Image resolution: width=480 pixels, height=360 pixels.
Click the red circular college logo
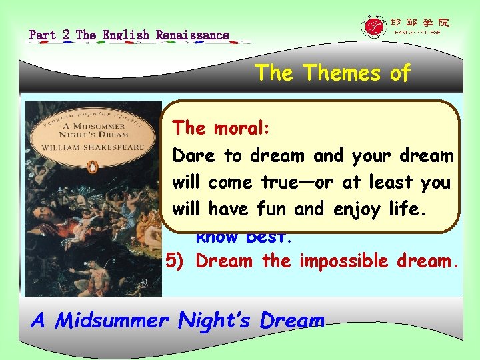tap(373, 27)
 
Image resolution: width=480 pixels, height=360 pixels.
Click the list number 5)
tap(177, 261)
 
